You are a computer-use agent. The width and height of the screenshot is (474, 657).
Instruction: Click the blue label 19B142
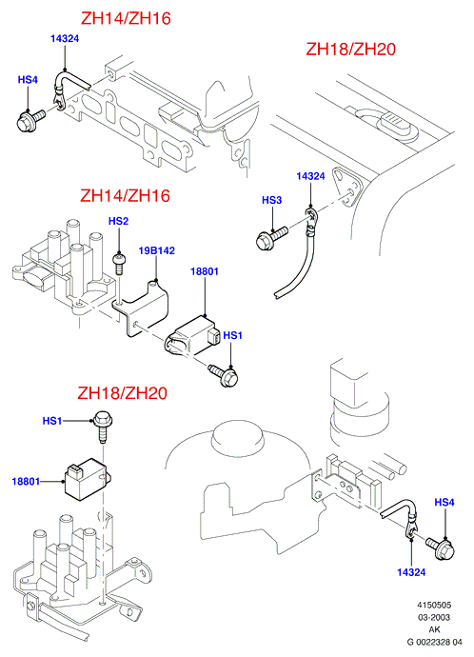[x=157, y=250]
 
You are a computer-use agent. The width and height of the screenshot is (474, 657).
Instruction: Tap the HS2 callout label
[x=118, y=221]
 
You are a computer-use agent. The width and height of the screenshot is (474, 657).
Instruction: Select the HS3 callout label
[x=272, y=200]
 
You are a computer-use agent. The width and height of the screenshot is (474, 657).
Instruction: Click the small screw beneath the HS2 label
[x=119, y=264]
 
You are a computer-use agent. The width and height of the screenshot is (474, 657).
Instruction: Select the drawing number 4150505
[x=433, y=605]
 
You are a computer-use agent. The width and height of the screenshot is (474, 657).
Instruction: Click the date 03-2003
[x=433, y=617]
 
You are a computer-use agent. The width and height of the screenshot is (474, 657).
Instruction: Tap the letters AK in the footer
[x=434, y=629]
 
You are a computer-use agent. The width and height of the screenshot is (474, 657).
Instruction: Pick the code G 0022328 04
[x=435, y=642]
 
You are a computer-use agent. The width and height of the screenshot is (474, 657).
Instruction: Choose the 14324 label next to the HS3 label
[x=310, y=176]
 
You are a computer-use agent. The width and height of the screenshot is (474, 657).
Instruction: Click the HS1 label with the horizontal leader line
[x=52, y=420]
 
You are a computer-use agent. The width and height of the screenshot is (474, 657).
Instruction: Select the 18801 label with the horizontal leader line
[x=26, y=482]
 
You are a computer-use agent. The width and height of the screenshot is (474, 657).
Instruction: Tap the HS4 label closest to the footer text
[x=444, y=502]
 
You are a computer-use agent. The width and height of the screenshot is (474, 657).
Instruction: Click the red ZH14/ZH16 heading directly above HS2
[x=126, y=196]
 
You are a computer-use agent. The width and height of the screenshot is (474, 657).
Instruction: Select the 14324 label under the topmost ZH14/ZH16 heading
[x=65, y=38]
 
